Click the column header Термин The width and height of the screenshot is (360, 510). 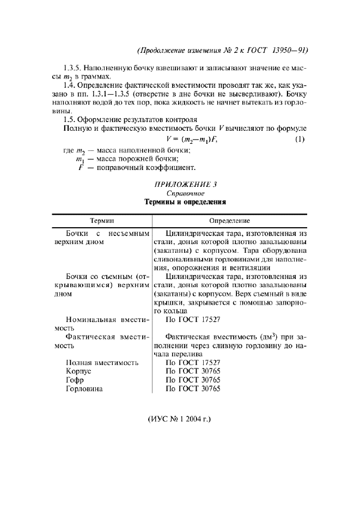[x=102, y=221]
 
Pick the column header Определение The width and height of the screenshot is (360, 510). [x=230, y=221]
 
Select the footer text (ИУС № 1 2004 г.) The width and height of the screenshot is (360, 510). [x=179, y=420]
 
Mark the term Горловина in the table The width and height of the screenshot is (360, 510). [x=84, y=388]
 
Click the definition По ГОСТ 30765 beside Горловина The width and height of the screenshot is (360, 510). [x=193, y=388]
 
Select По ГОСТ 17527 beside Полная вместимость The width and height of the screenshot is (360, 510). [x=193, y=362]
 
